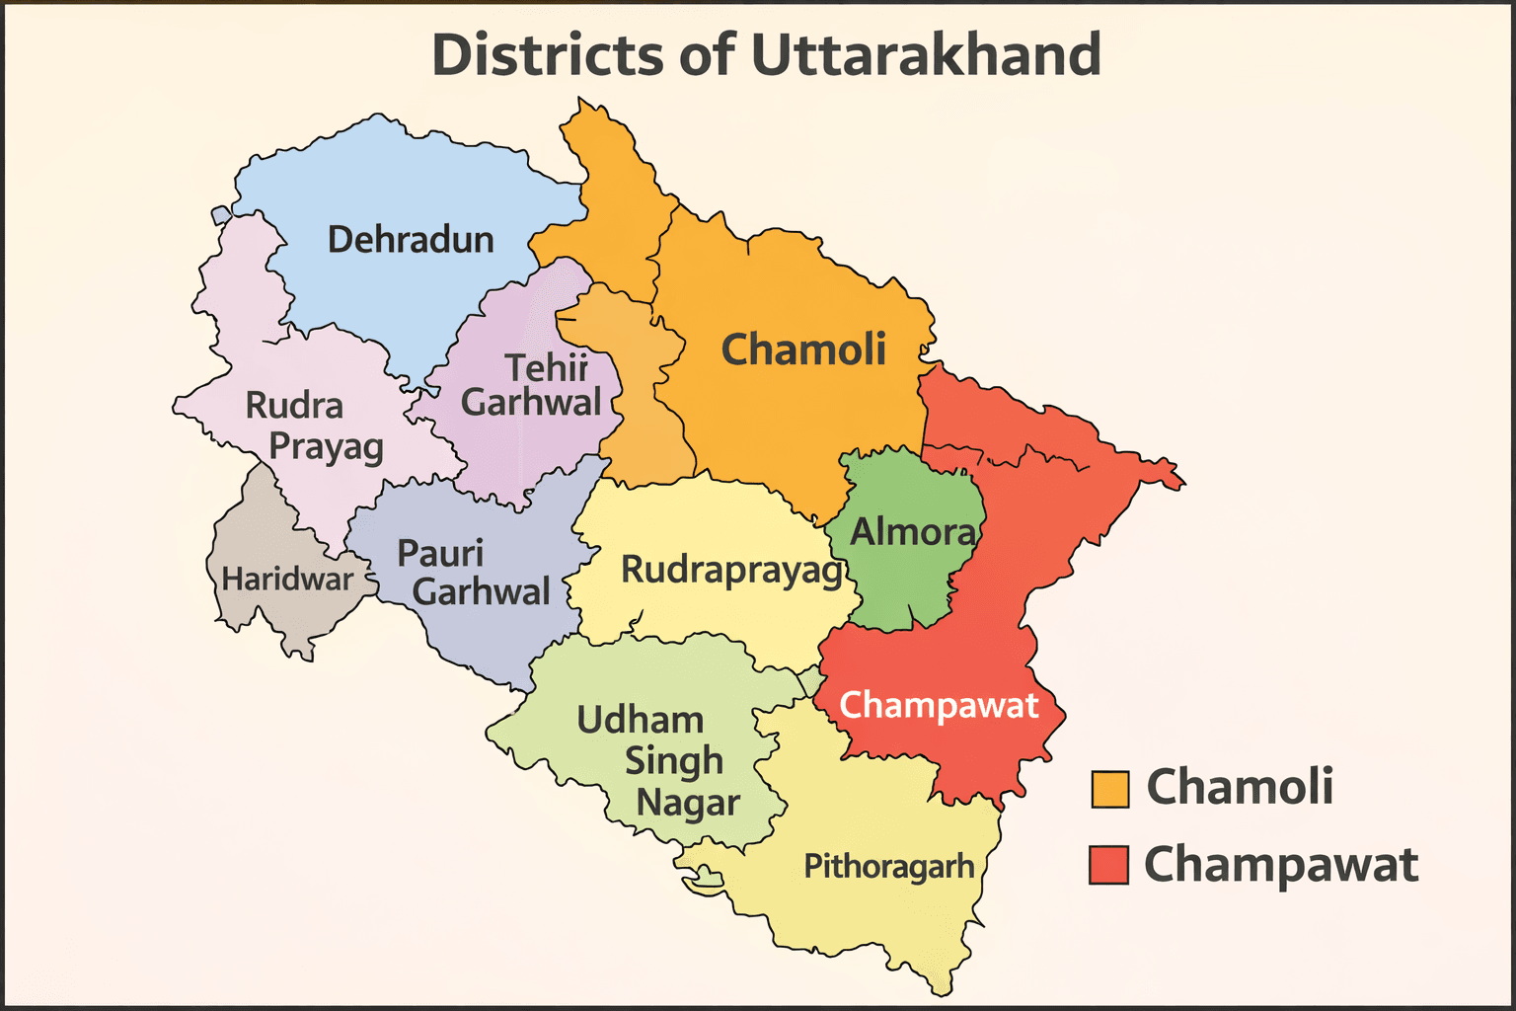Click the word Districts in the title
[549, 55]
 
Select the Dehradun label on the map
[411, 240]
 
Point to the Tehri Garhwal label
[534, 385]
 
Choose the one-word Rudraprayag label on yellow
[731, 571]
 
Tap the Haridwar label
[286, 579]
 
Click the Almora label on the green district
[913, 532]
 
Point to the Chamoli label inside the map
[803, 350]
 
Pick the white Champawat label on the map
[939, 706]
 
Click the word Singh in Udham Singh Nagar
[674, 761]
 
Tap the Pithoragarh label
[888, 866]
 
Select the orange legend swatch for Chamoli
[1109, 789]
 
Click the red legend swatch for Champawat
[1108, 865]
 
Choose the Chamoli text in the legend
[1240, 787]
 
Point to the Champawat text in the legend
[1280, 865]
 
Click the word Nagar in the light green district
[688, 803]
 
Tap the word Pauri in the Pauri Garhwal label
[440, 553]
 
